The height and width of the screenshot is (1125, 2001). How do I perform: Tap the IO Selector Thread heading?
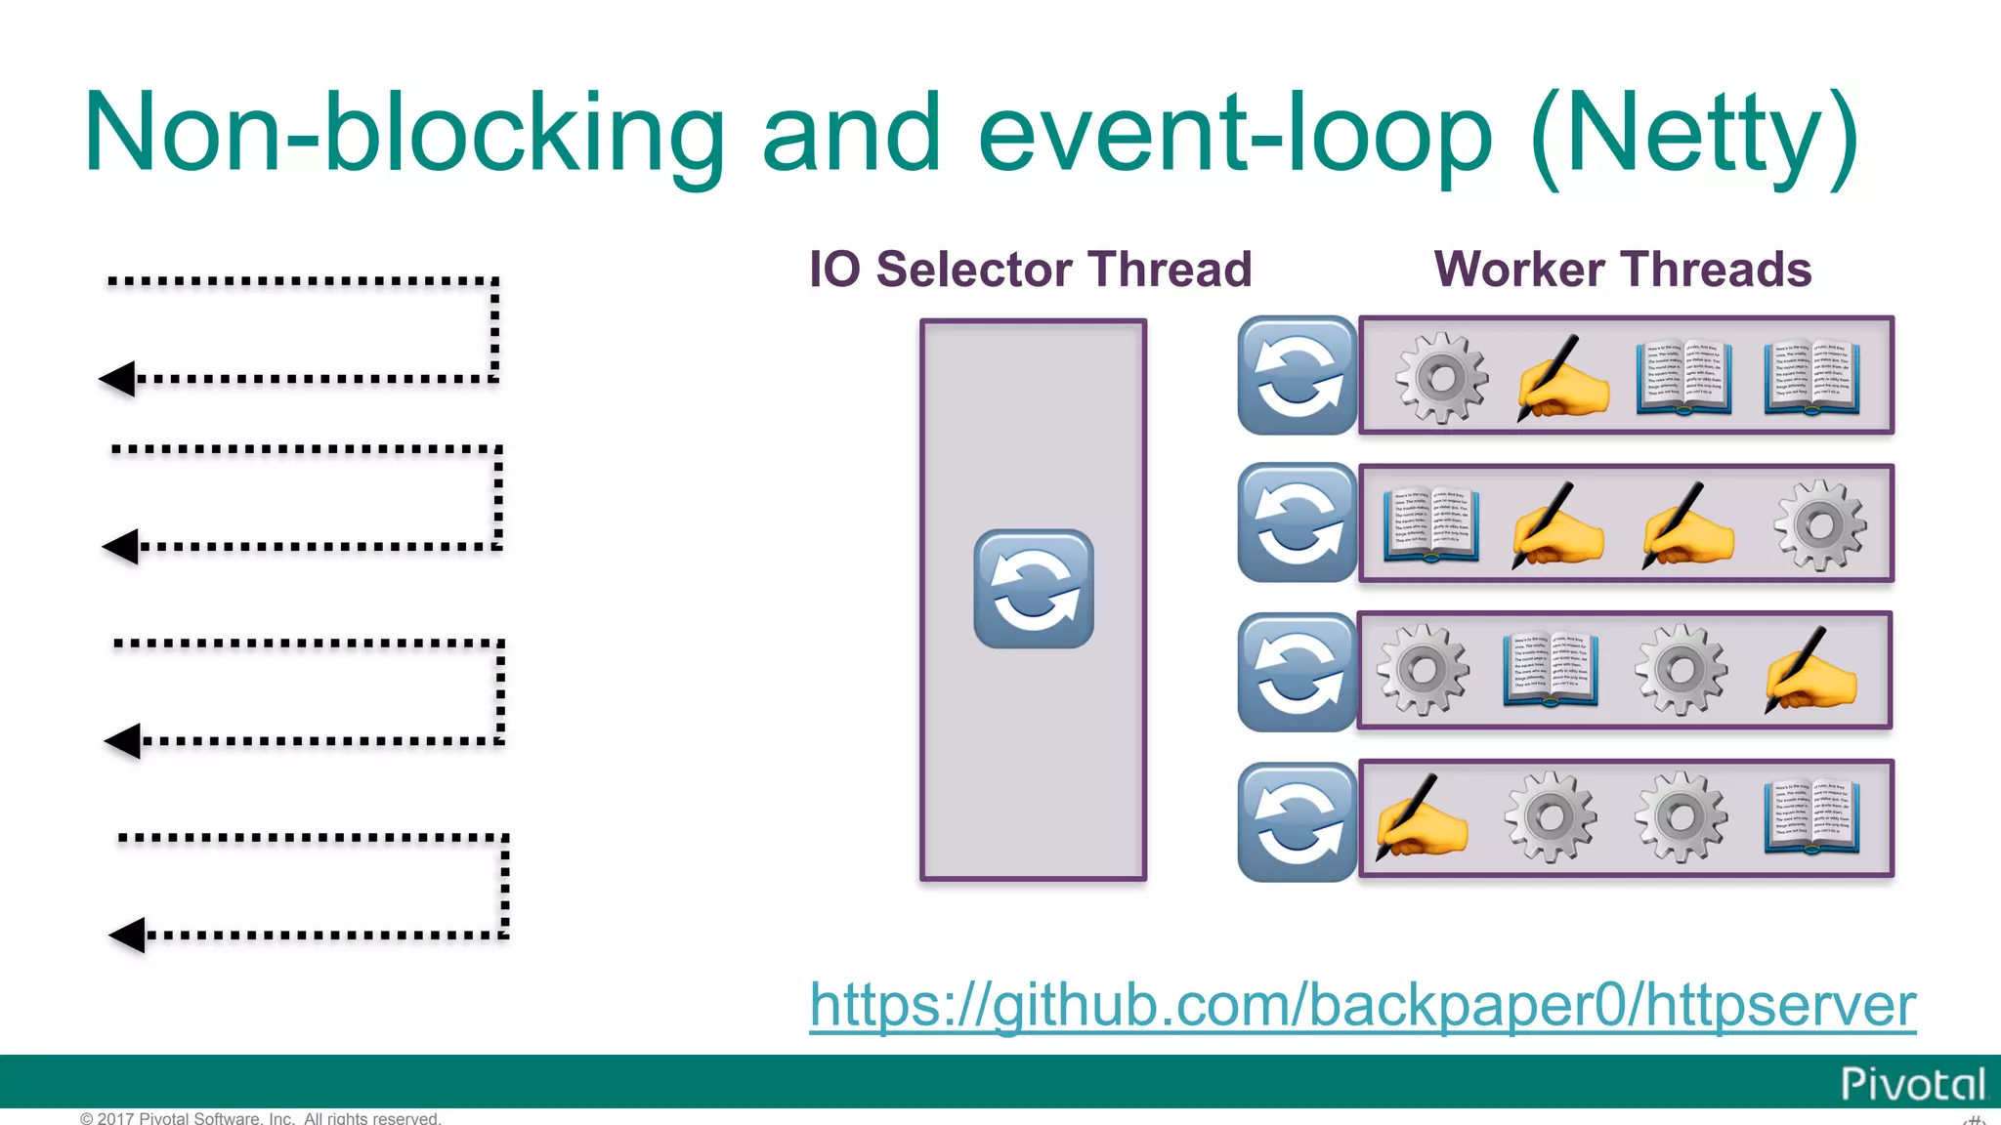click(1030, 270)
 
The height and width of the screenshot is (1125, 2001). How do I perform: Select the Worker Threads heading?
click(1622, 270)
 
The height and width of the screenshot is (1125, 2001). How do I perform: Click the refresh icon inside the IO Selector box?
click(1034, 589)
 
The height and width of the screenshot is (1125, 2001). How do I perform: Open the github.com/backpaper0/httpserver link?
click(1362, 1005)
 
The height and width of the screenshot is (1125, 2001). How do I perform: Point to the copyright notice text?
click(261, 1118)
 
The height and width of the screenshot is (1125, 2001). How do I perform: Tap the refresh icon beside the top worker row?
click(1297, 376)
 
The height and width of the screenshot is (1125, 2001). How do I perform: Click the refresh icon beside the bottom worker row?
click(1297, 822)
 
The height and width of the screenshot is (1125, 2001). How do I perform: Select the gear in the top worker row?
click(1442, 378)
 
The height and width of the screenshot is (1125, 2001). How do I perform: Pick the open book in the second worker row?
click(1431, 525)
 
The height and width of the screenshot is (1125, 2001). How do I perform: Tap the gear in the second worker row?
click(1819, 525)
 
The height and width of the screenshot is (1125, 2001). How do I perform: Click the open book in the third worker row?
click(1551, 671)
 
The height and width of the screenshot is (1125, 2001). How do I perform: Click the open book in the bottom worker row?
click(1811, 818)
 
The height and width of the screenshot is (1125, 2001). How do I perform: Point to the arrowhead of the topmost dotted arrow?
click(118, 379)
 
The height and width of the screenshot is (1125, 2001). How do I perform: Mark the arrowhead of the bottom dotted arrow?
click(128, 936)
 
